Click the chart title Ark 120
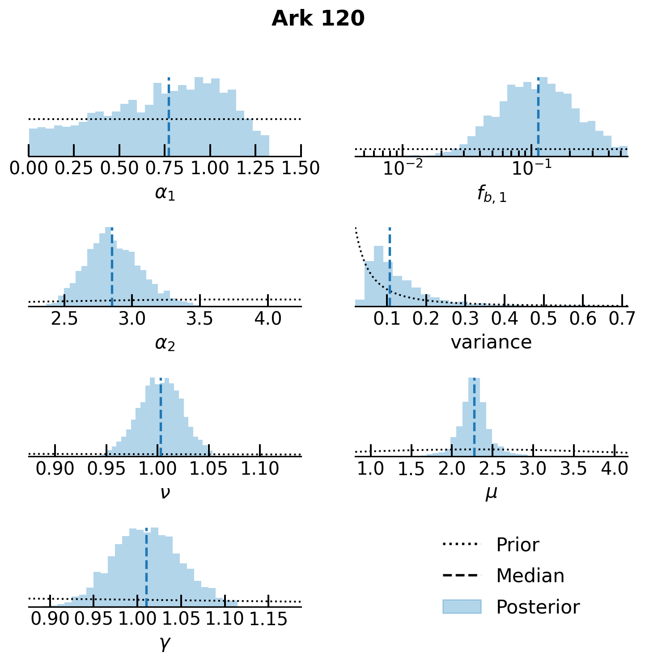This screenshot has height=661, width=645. [x=318, y=19]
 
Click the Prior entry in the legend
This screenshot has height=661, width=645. [x=518, y=545]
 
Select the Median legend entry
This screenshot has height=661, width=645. [x=530, y=576]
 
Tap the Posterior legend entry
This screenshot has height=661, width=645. [x=538, y=607]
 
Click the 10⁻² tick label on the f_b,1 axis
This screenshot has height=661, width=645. [x=403, y=168]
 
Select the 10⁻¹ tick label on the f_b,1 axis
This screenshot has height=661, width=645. [x=531, y=168]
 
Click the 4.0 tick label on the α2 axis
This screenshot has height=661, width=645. [x=267, y=318]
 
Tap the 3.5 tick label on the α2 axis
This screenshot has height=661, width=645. [x=199, y=318]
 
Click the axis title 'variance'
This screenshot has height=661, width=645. [x=491, y=343]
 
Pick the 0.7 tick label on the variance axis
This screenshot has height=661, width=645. [x=622, y=318]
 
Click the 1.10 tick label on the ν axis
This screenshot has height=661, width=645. [x=260, y=468]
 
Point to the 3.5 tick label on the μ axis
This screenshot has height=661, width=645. [x=573, y=468]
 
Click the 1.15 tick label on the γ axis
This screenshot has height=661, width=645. [x=268, y=619]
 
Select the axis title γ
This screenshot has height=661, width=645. [x=165, y=643]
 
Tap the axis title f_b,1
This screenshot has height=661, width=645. [x=491, y=194]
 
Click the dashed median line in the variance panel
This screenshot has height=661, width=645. [x=390, y=269]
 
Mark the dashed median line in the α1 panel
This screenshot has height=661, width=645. [x=169, y=116]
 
